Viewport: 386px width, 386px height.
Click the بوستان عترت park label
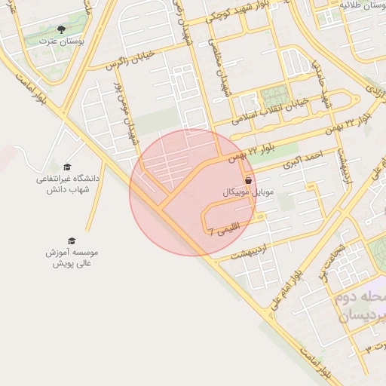coord(60,41)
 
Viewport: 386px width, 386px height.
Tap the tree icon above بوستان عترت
coord(60,30)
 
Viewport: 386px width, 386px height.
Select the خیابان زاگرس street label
coord(113,63)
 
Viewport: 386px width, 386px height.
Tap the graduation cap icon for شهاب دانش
coord(67,167)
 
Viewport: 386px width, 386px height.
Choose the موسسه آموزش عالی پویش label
coord(72,257)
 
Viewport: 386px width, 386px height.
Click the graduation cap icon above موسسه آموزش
coord(72,240)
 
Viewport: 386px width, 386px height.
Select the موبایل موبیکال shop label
coord(249,193)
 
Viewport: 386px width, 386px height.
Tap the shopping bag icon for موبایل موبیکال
coord(249,181)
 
